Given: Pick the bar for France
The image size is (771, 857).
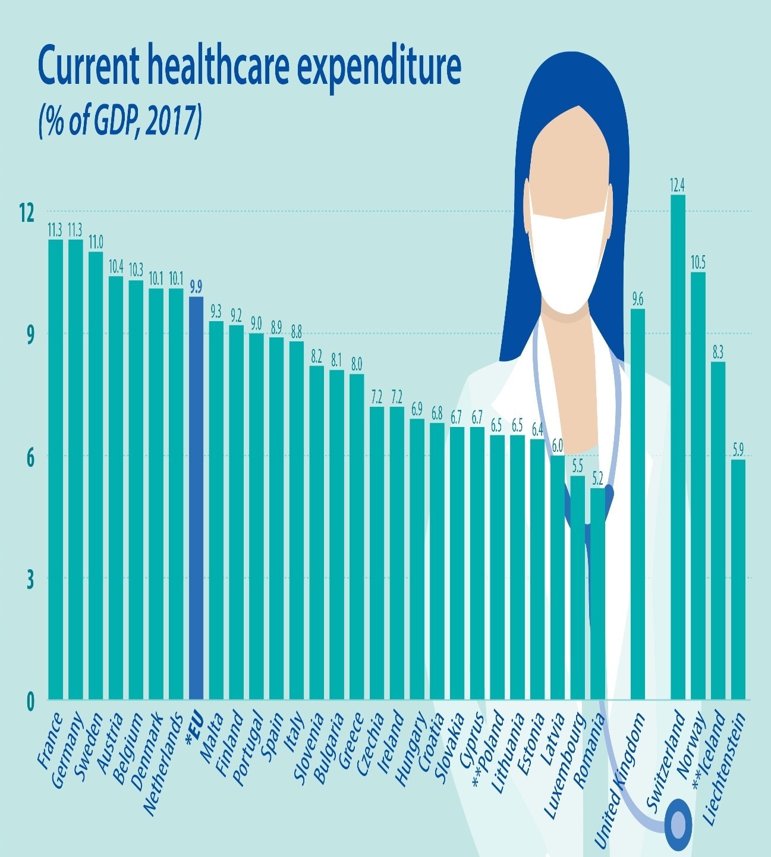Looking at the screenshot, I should click(x=55, y=470).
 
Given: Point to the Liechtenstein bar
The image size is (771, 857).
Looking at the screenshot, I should click(x=738, y=580).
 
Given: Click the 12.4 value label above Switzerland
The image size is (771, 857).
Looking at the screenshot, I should click(x=678, y=186).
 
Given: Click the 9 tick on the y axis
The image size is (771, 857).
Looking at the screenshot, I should click(x=29, y=333).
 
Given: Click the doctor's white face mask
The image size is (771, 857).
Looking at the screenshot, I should click(x=568, y=262).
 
